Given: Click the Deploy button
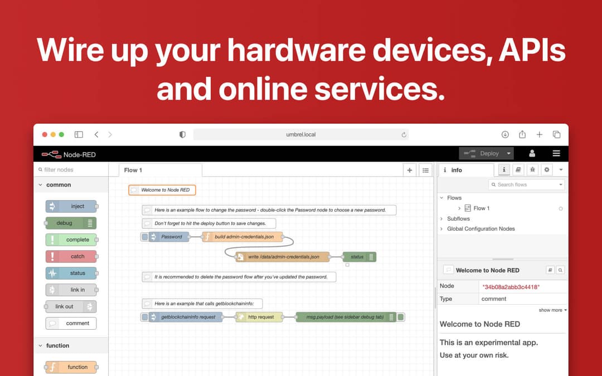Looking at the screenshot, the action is [x=487, y=154].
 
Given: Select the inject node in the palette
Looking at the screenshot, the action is [x=71, y=207].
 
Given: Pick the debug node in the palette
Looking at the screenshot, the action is [x=71, y=223].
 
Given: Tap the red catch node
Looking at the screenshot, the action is [x=71, y=256].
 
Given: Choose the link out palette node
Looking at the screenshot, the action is [x=71, y=306].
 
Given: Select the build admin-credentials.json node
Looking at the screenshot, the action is [x=242, y=237].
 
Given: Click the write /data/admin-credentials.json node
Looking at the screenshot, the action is [x=283, y=257].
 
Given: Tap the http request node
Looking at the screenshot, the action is [x=260, y=317].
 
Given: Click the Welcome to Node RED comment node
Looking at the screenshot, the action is [x=162, y=190].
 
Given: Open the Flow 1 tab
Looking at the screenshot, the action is [x=133, y=170].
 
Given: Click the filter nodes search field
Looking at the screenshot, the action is [x=71, y=169].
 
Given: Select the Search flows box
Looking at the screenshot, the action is [x=526, y=184].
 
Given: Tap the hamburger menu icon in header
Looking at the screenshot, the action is [x=556, y=154].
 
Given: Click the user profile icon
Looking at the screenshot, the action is [x=532, y=154].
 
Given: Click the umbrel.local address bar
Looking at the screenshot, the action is [x=300, y=135].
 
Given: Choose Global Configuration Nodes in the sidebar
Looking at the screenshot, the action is [x=480, y=229].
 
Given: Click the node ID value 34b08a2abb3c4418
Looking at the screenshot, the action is [x=511, y=287].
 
